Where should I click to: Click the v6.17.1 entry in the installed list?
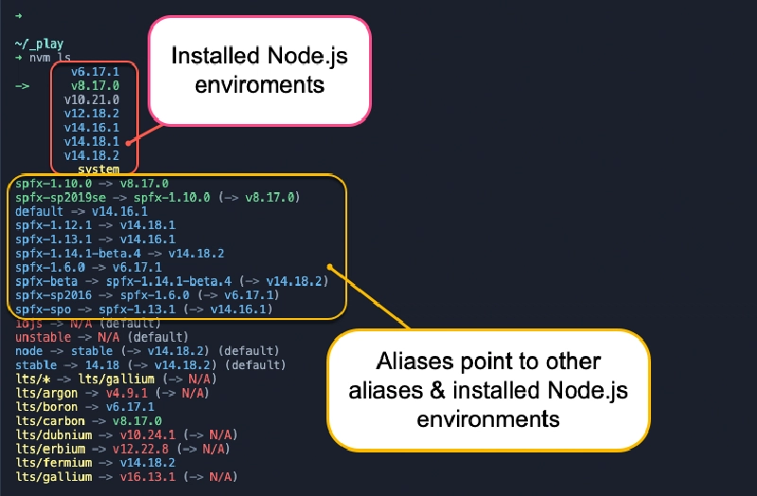tap(95, 71)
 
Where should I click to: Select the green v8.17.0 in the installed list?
tap(95, 85)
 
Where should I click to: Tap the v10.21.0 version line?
tap(92, 99)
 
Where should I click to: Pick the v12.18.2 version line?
tap(92, 114)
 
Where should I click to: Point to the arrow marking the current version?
tap(23, 85)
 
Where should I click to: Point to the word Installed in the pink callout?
tap(209, 56)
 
